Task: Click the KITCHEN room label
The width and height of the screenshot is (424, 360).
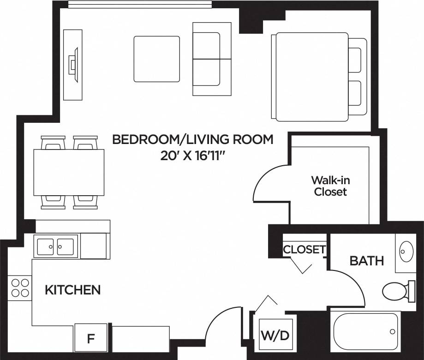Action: click(72, 290)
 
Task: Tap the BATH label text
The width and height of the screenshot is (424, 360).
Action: click(367, 261)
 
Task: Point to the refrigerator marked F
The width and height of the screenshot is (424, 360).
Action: click(91, 338)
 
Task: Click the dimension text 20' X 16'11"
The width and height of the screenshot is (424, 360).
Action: click(192, 156)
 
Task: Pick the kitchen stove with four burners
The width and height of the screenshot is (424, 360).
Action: click(19, 288)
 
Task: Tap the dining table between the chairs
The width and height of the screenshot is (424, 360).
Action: click(69, 172)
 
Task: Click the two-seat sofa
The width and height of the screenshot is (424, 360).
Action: click(212, 59)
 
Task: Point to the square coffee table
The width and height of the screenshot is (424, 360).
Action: click(157, 59)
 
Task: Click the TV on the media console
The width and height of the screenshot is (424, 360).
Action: click(72, 65)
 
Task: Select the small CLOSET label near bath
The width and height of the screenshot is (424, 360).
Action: click(304, 250)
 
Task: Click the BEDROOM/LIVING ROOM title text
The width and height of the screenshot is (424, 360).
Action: click(192, 139)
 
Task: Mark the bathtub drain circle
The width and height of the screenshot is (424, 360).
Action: click(392, 331)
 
